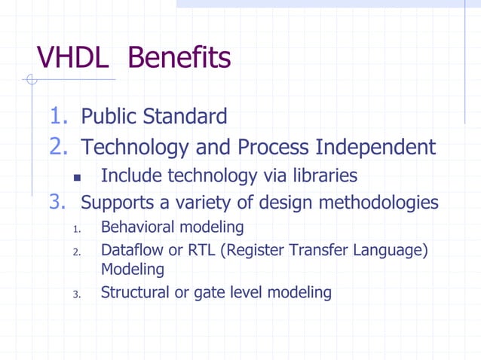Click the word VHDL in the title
click(x=74, y=57)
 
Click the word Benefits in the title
click(x=179, y=57)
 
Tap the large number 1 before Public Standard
click(x=58, y=116)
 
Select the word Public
click(x=109, y=117)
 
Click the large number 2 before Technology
click(x=59, y=146)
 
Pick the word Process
click(x=273, y=147)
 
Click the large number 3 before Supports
click(x=59, y=203)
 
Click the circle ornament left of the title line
click(x=31, y=80)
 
